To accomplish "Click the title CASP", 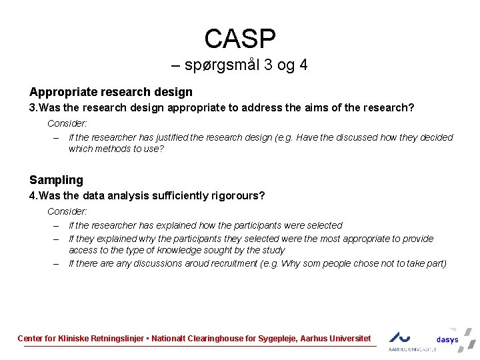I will click(239, 39).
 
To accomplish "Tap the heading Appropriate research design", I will click(111, 92).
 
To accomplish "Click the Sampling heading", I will click(56, 180).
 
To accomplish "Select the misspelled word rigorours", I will click(232, 196).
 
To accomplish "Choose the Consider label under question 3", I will click(67, 123).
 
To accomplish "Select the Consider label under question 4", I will click(67, 211).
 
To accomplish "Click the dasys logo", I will click(447, 339).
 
